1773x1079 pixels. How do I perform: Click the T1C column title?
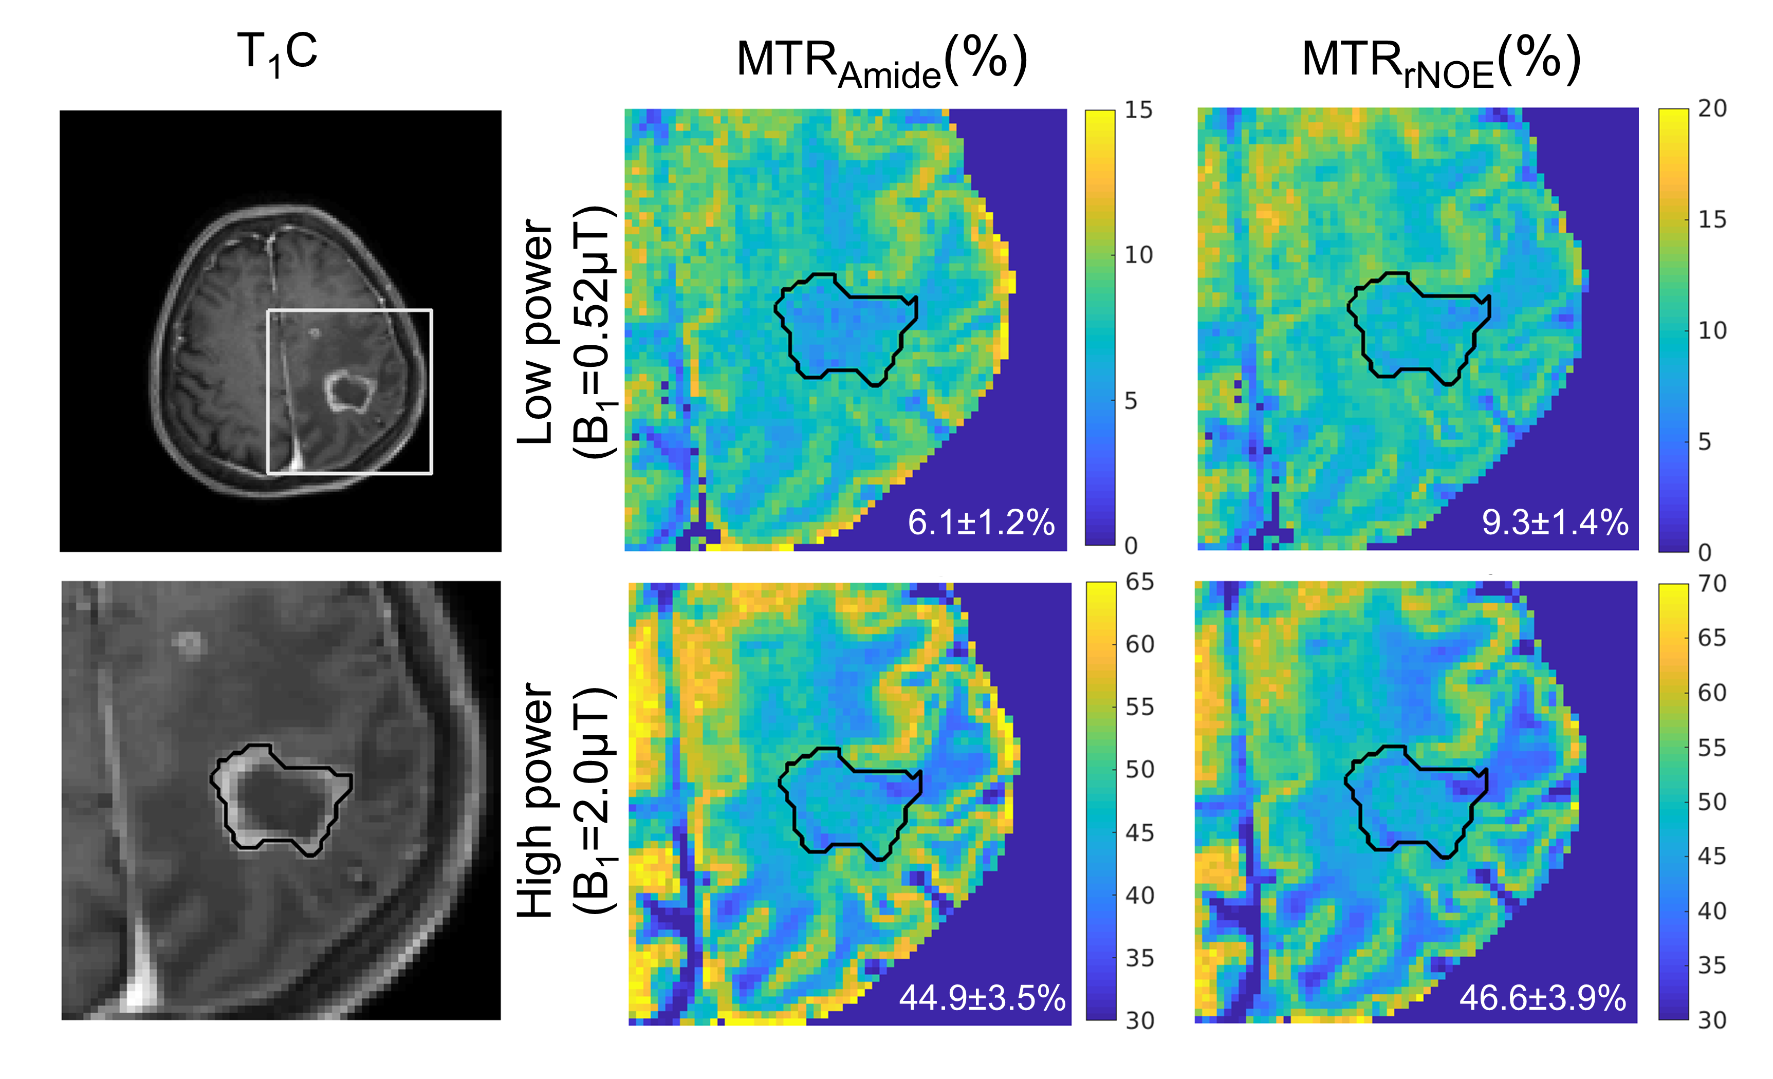[277, 53]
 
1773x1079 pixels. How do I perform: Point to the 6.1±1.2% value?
[981, 522]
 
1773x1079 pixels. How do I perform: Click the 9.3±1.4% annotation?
[1554, 522]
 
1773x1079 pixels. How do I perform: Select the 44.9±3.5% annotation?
[982, 998]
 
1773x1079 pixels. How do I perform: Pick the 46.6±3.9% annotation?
[1543, 998]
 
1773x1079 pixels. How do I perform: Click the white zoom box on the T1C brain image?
[349, 311]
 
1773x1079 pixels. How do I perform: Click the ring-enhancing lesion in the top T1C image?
[349, 390]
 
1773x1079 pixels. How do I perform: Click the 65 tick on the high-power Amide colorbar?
[1140, 582]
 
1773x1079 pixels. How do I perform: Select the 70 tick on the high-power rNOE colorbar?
[1712, 583]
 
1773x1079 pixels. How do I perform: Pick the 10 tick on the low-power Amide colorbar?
[1138, 255]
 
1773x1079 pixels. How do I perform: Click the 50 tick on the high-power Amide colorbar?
[1140, 770]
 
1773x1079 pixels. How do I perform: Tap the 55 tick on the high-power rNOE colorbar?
[1712, 748]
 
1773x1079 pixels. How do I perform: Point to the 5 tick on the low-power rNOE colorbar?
[1705, 442]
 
